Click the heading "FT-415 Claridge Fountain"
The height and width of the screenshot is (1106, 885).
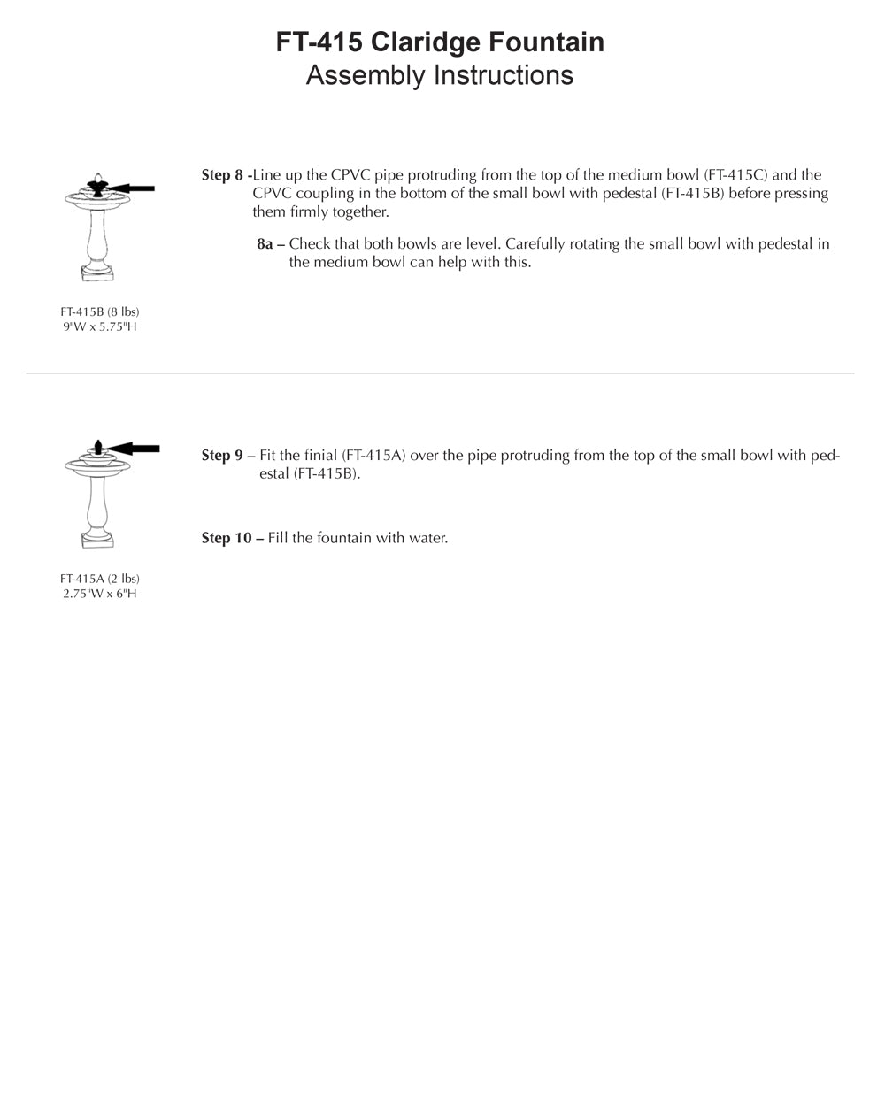pos(440,42)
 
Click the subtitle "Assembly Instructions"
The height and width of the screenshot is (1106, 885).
pos(440,75)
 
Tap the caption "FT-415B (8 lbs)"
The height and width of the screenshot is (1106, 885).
pos(100,312)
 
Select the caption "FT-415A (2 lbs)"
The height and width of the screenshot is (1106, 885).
pos(100,580)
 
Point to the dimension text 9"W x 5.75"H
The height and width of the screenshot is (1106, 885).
pos(100,327)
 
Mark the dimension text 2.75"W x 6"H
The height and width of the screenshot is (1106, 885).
pos(100,594)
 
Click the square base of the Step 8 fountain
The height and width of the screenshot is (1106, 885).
pos(99,272)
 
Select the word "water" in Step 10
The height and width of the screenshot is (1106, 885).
pos(427,538)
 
